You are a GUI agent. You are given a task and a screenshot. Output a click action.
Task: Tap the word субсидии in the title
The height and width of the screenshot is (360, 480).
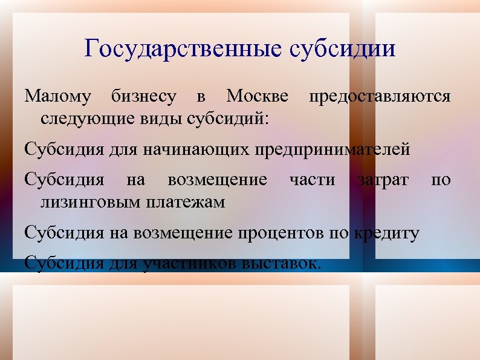[x=343, y=48]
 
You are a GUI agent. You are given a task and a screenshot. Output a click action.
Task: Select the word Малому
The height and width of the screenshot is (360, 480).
[x=58, y=97]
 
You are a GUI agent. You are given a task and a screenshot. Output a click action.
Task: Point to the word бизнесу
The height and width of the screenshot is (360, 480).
[x=144, y=97]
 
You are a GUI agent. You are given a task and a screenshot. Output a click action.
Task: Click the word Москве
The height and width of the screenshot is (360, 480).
[x=257, y=97]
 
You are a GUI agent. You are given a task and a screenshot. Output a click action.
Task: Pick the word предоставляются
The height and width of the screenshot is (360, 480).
[x=380, y=97]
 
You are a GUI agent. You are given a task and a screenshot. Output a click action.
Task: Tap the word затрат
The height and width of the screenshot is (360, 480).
[x=383, y=180]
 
